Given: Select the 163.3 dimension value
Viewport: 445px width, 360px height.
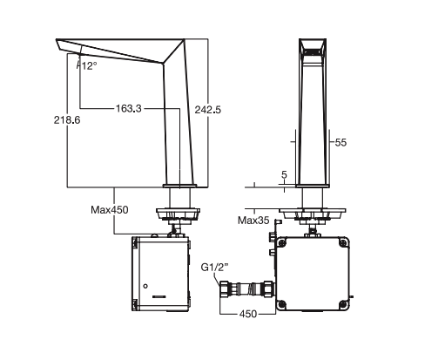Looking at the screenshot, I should [x=128, y=108].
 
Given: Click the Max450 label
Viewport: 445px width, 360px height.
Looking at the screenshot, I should [x=111, y=209].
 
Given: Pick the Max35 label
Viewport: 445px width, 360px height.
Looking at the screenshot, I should [x=253, y=220].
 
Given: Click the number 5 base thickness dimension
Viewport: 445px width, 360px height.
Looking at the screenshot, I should [x=284, y=174].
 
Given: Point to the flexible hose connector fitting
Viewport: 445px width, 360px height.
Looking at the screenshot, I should [x=252, y=289].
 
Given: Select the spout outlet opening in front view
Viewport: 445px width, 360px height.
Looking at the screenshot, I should [x=314, y=51].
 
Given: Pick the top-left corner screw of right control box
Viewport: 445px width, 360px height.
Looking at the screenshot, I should [x=285, y=243].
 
